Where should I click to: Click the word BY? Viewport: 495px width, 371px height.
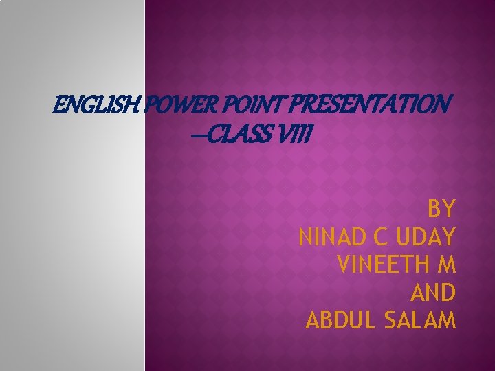pyautogui.click(x=441, y=208)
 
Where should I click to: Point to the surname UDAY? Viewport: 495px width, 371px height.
pyautogui.click(x=427, y=238)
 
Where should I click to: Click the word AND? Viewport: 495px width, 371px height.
pyautogui.click(x=433, y=293)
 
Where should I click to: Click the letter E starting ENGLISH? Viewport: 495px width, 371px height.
pyautogui.click(x=58, y=106)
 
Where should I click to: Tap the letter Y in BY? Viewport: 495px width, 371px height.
pyautogui.click(x=448, y=208)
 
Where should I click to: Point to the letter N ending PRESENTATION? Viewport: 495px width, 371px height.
pyautogui.click(x=444, y=106)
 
